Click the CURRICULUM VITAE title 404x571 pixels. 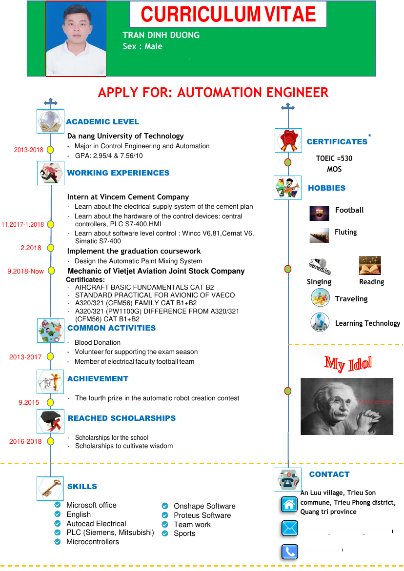228,15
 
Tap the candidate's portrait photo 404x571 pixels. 76,39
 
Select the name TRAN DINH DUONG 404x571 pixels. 161,35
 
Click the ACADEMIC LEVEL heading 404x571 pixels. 102,122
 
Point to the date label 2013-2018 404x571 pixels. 28,150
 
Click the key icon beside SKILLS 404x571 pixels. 50,488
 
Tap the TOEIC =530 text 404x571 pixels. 334,158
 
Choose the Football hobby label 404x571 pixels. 349,210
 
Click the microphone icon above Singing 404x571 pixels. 320,266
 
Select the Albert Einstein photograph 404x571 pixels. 347,406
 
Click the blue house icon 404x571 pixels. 289,505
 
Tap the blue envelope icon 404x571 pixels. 289,528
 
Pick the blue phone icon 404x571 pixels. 289,551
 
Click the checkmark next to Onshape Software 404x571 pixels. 165,506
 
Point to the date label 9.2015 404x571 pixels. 29,403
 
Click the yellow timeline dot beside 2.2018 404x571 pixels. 50,248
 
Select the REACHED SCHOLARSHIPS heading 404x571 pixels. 121,418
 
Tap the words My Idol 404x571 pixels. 348,363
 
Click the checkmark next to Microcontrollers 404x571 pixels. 58,542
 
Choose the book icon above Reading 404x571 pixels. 370,266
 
